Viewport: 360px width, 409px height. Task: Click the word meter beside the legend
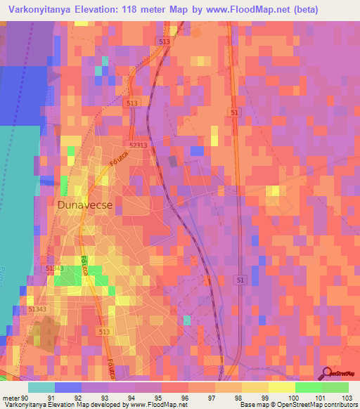(10, 398)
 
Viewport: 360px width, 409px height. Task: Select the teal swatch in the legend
(41, 387)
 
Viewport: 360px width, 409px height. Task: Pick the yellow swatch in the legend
(282, 387)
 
